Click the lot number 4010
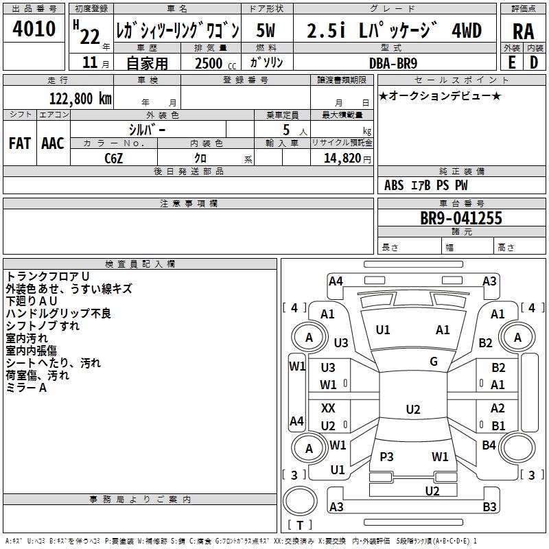[34, 30]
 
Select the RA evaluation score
[523, 31]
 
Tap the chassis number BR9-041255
[460, 218]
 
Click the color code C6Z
[114, 157]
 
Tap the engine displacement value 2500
[209, 63]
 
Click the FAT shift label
[20, 143]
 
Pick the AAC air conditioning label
[53, 143]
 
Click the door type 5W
[266, 31]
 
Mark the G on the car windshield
[434, 362]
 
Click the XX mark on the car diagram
[329, 408]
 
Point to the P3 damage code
[386, 457]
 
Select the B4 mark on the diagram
[489, 445]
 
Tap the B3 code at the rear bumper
[489, 507]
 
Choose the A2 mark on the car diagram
[498, 408]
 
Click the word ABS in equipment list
[394, 185]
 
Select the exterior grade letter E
[511, 62]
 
